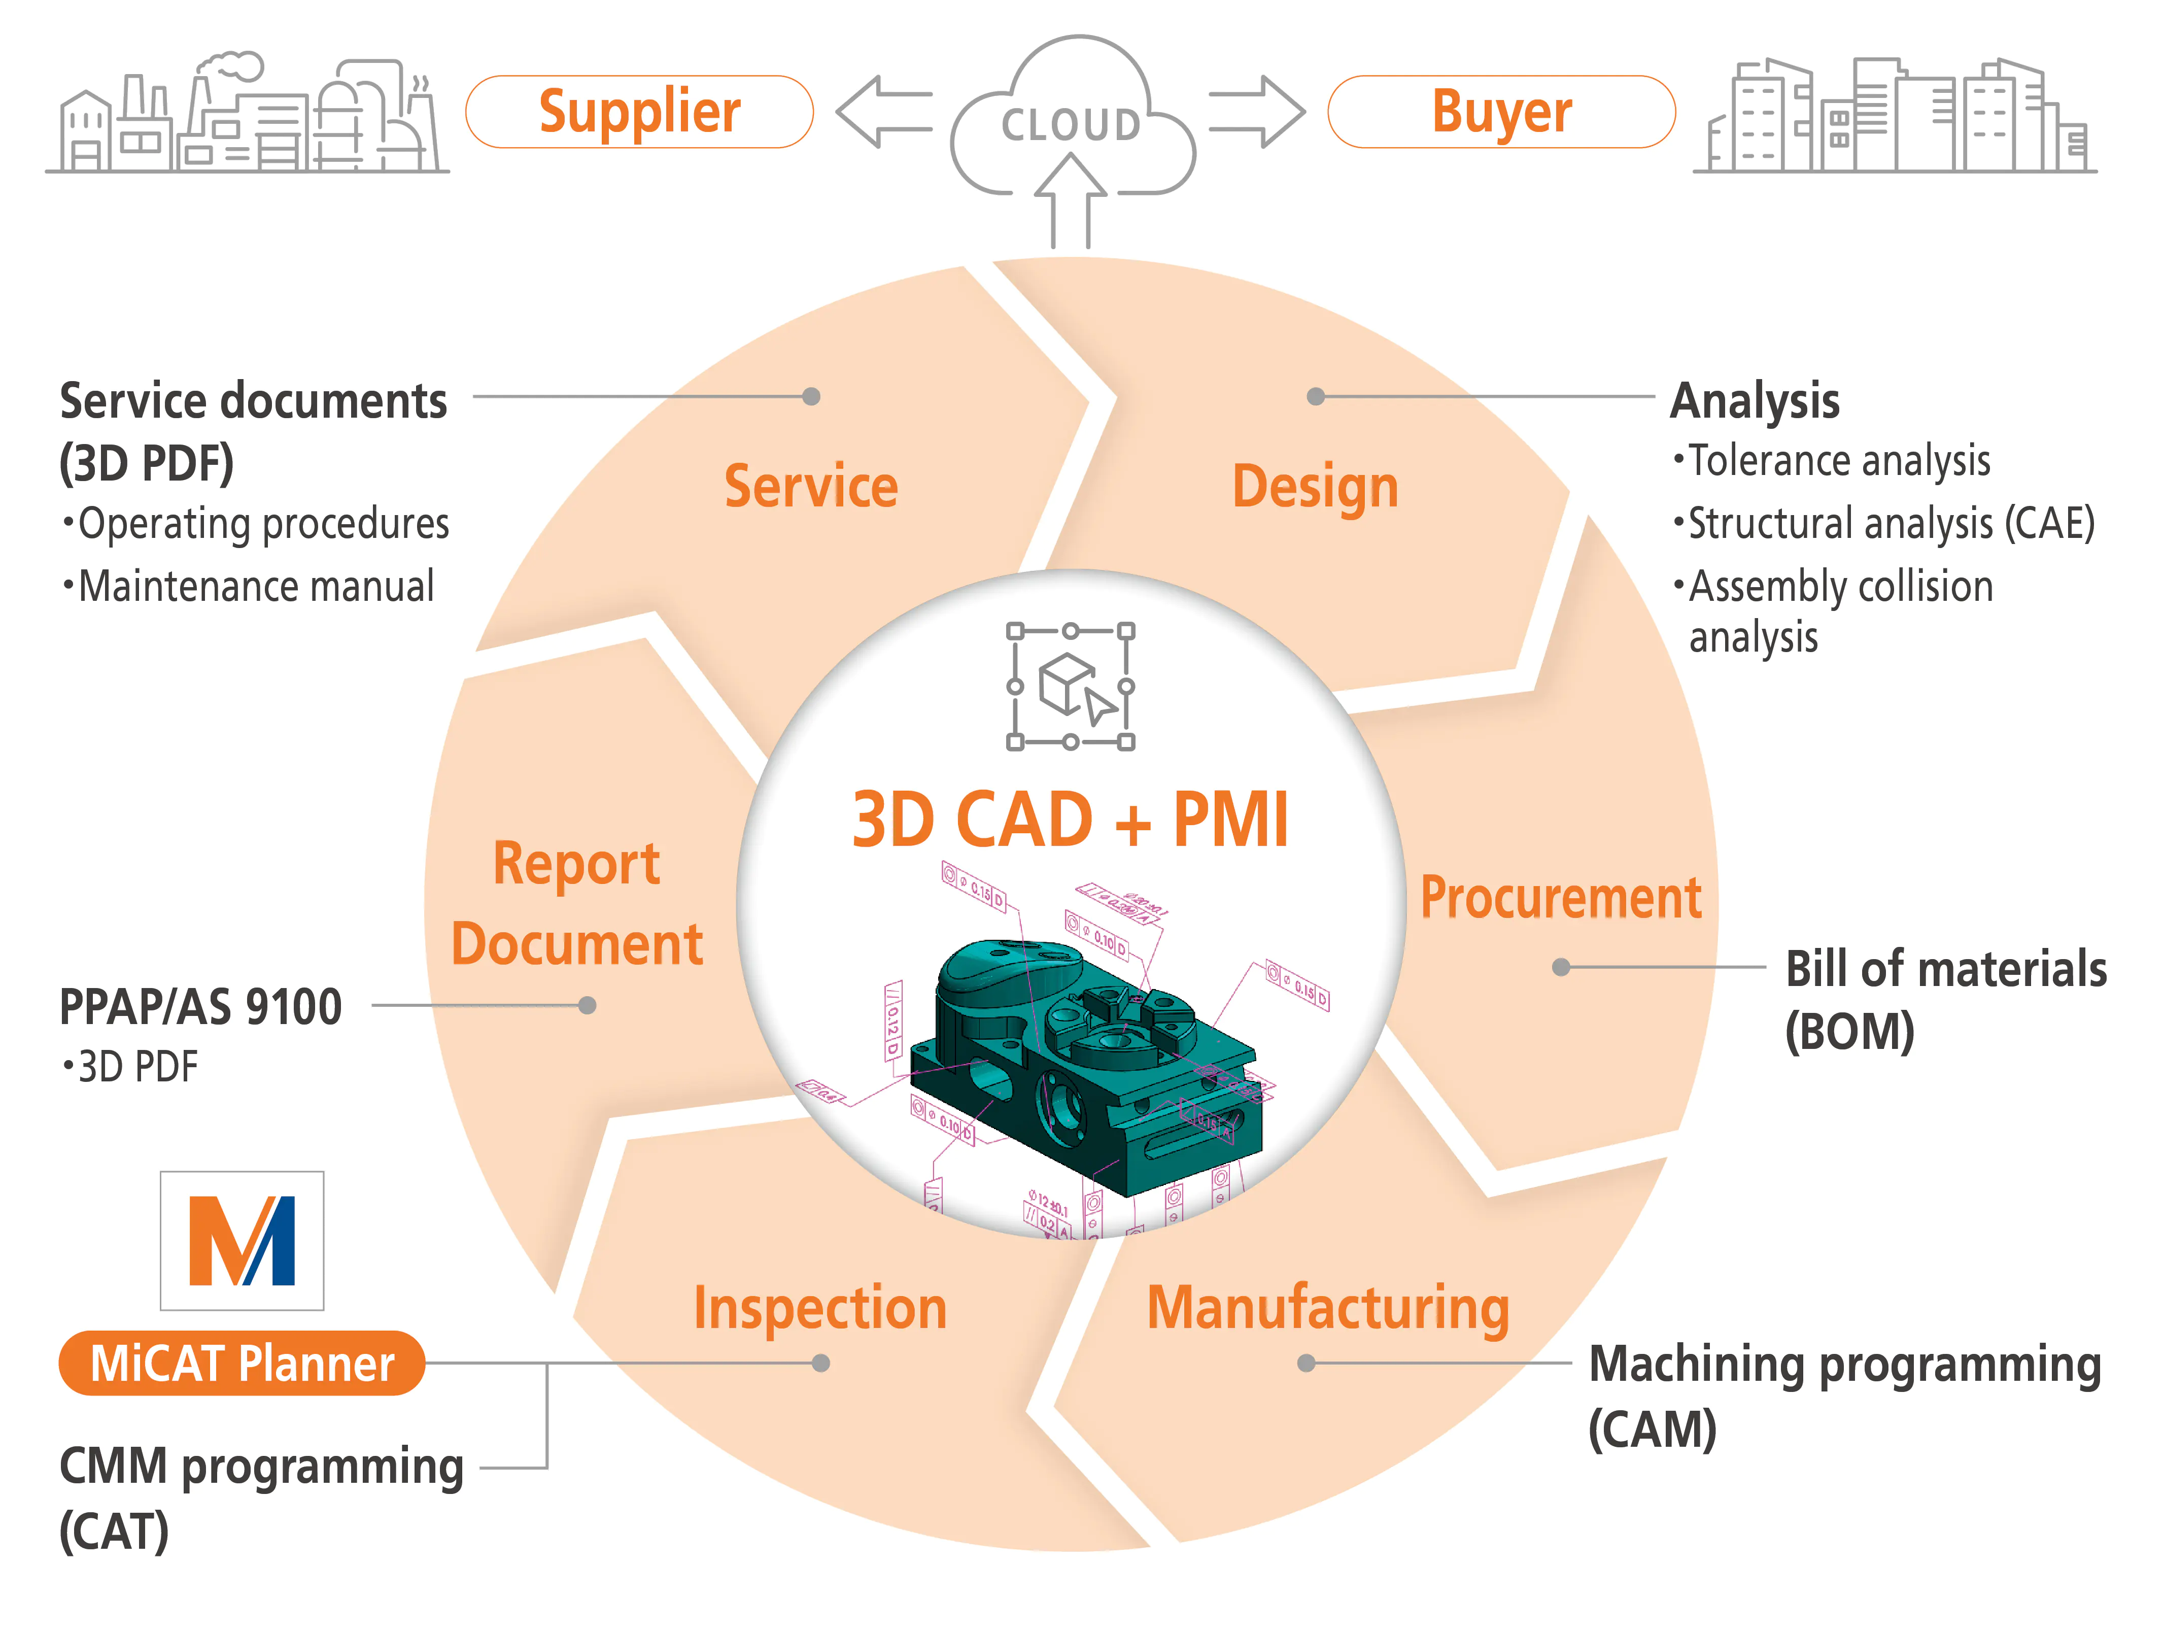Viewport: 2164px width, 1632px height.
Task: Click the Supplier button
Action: click(639, 112)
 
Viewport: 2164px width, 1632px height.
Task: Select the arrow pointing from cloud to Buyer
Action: click(1257, 112)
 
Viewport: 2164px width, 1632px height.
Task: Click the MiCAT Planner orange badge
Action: click(242, 1363)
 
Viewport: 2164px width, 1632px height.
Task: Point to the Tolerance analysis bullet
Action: click(1839, 461)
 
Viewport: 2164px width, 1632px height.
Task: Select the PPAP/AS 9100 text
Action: click(200, 1007)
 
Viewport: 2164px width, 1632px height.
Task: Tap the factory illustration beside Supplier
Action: click(248, 116)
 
